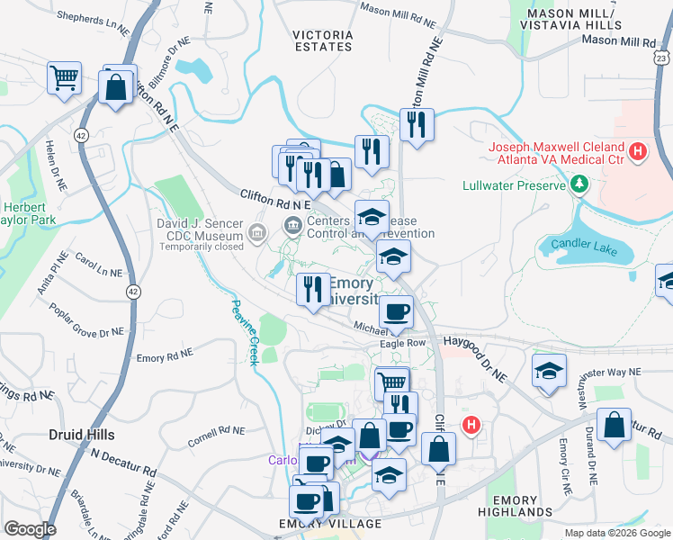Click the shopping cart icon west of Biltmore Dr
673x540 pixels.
click(65, 79)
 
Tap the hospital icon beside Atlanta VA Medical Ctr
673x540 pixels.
click(638, 152)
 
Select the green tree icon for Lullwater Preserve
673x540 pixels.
click(580, 186)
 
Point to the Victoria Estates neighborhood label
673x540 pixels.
click(322, 40)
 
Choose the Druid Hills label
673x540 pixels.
click(81, 435)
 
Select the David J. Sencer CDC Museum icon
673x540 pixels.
click(257, 234)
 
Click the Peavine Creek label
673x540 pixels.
click(245, 331)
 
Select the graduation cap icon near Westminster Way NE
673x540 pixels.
click(549, 371)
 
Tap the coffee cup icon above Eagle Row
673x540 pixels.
click(395, 312)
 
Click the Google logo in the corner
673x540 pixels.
click(30, 528)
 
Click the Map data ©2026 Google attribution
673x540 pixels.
click(616, 533)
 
